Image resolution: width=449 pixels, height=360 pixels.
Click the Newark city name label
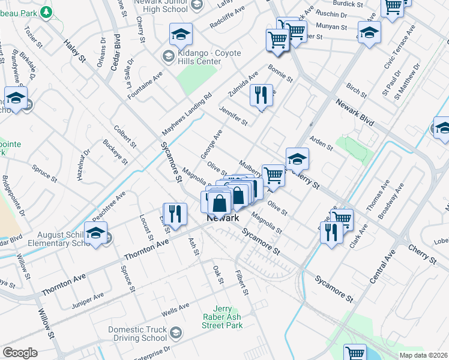pyautogui.click(x=223, y=218)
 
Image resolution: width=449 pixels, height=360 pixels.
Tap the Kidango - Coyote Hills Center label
pyautogui.click(x=201, y=58)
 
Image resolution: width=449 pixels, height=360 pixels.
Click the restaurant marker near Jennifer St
pyautogui.click(x=261, y=96)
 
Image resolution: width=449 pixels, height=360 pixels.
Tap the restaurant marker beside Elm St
pyautogui.click(x=172, y=214)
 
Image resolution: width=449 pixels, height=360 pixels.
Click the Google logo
pyautogui.click(x=20, y=353)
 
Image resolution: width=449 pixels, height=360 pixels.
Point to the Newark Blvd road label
pyautogui.click(x=354, y=113)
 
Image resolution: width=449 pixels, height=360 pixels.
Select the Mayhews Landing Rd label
pyautogui.click(x=187, y=113)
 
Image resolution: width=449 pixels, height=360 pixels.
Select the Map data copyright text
pyautogui.click(x=423, y=355)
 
